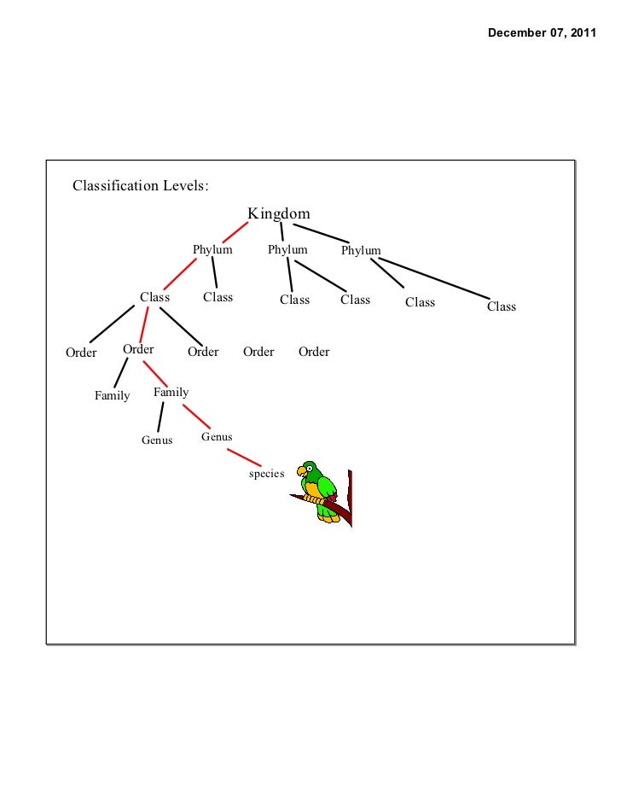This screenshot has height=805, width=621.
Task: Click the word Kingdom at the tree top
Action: tap(278, 213)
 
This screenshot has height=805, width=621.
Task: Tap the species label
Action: tap(266, 474)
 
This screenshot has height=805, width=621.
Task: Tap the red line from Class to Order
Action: tap(147, 324)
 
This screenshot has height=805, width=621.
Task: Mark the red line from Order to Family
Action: tap(156, 372)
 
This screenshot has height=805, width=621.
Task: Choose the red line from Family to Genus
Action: tap(195, 416)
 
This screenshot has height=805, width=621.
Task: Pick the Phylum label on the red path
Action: tap(212, 250)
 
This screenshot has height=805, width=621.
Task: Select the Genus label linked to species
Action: tap(217, 437)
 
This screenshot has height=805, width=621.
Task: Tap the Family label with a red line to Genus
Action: tap(171, 393)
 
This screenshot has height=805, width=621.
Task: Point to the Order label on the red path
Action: tap(138, 349)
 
